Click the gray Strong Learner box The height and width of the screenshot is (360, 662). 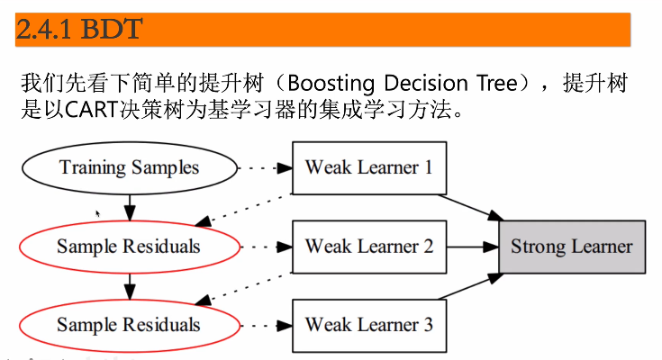572,247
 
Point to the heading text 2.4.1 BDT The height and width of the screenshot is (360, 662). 79,29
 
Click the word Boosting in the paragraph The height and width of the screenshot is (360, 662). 331,83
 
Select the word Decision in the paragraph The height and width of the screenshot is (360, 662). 426,83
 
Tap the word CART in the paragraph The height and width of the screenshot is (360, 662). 91,110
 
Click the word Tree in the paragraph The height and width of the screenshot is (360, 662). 497,83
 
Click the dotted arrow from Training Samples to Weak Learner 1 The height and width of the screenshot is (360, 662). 265,168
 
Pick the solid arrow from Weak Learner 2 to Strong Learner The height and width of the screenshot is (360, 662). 473,247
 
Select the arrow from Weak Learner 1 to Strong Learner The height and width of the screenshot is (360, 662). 470,208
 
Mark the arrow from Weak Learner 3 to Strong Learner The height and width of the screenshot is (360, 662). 470,286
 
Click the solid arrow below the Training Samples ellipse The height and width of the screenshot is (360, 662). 130,208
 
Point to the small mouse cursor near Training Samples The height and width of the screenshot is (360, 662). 98,213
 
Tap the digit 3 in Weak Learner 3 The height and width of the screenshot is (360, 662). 428,325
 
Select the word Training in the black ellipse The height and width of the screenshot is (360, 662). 93,168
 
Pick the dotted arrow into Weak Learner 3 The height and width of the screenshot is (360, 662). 266,326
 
